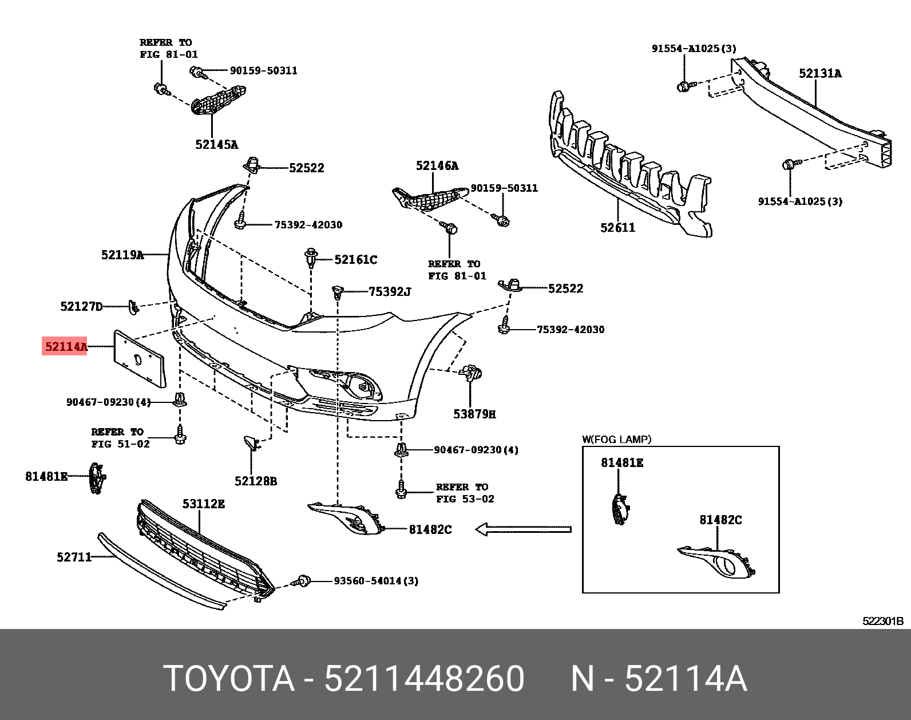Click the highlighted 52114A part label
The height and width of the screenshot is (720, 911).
click(65, 346)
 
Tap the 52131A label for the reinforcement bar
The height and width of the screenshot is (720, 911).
click(819, 73)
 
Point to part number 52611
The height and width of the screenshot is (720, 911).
click(617, 228)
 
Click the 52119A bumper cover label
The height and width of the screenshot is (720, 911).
click(122, 255)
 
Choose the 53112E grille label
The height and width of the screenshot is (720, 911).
click(203, 504)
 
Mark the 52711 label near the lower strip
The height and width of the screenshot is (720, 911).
click(74, 557)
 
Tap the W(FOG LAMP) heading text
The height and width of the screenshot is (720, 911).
click(616, 440)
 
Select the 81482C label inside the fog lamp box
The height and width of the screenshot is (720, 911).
click(720, 520)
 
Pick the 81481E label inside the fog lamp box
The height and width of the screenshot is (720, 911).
click(621, 462)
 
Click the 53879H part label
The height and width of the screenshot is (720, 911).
click(474, 414)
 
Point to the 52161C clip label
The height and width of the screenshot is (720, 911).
click(355, 260)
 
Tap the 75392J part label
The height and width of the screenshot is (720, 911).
click(390, 292)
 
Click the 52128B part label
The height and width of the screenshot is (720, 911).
click(255, 481)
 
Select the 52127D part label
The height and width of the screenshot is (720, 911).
click(81, 306)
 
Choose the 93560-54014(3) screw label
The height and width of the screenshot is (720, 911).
click(376, 581)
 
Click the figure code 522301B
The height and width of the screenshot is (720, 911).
click(882, 621)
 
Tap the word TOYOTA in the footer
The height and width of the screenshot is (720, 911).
click(229, 679)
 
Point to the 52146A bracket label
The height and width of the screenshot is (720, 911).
click(437, 166)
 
